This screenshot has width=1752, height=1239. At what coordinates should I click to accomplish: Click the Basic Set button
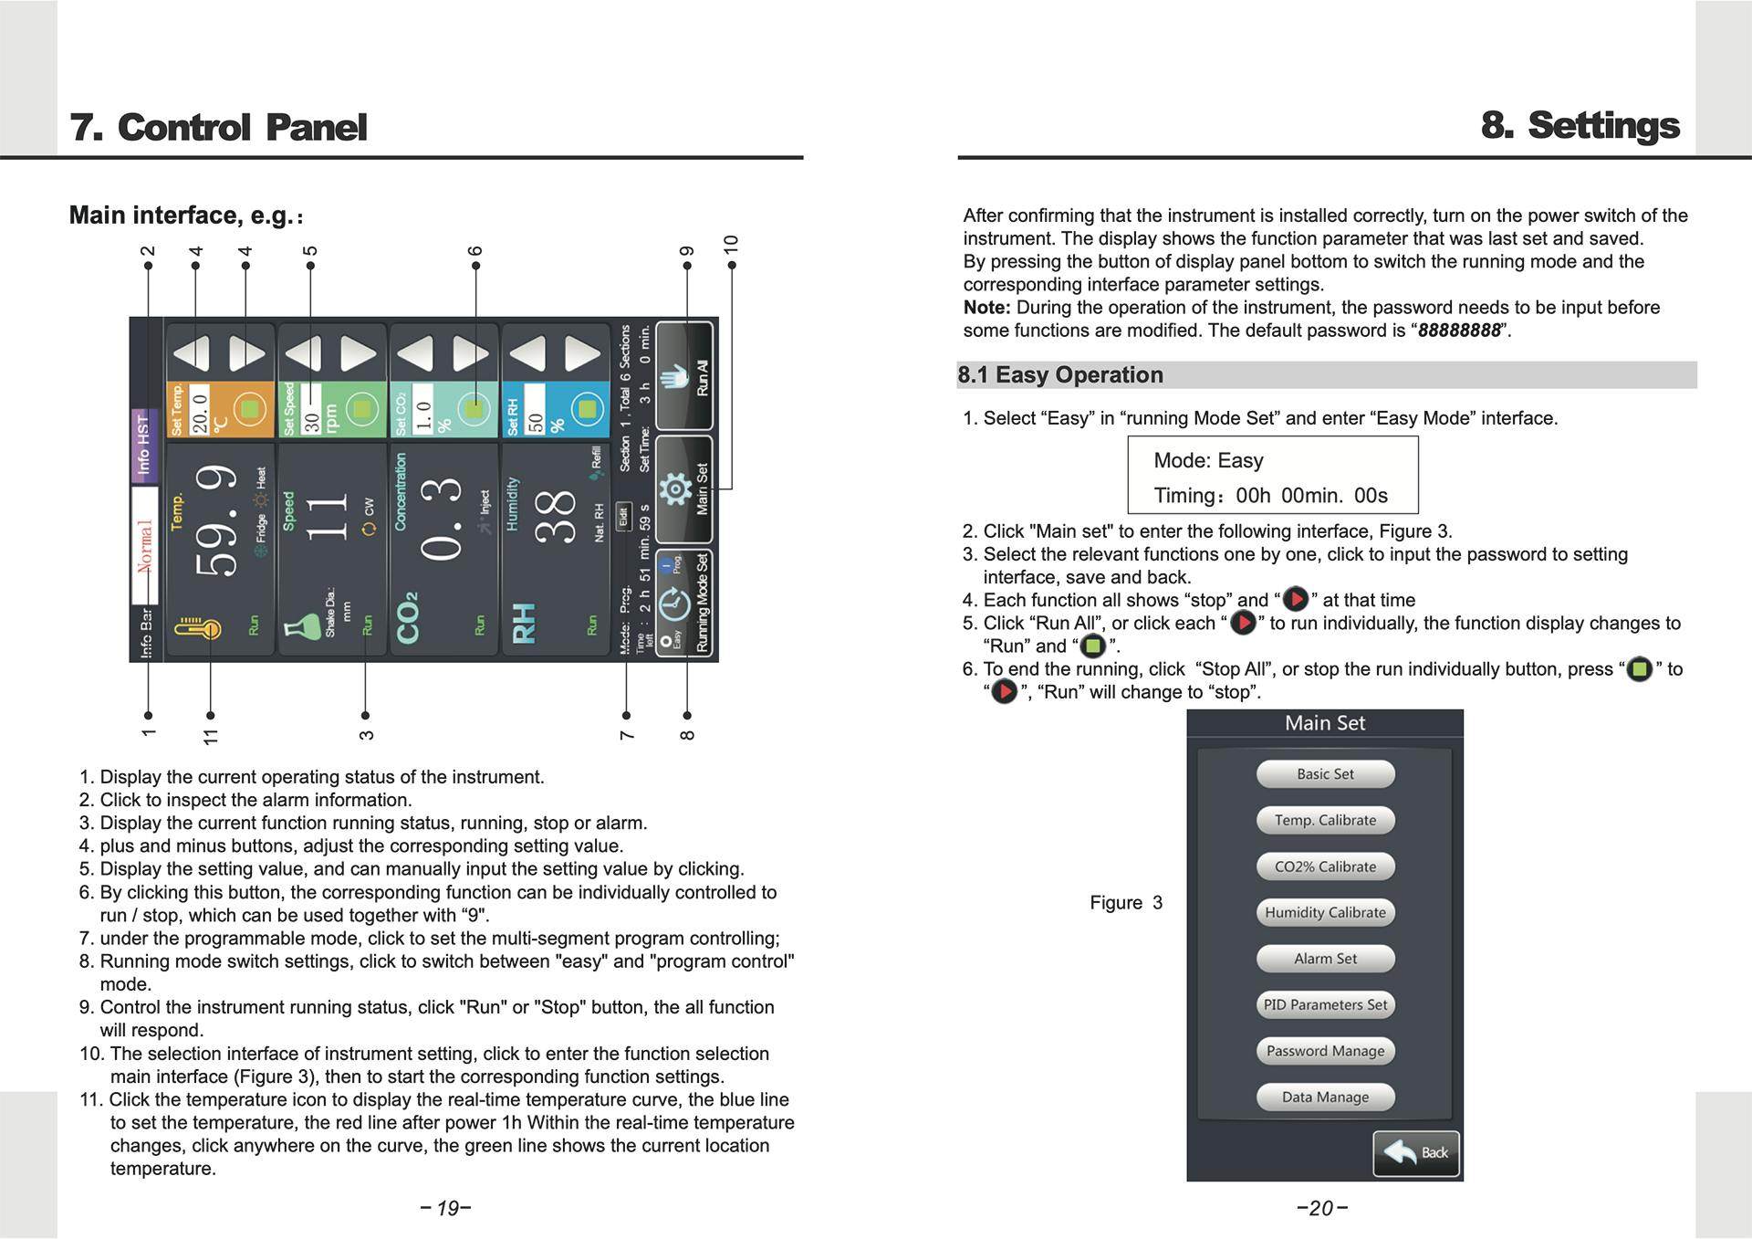(x=1325, y=774)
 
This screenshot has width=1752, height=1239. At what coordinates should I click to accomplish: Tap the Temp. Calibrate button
(x=1325, y=820)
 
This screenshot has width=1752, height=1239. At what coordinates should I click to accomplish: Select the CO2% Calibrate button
(x=1325, y=866)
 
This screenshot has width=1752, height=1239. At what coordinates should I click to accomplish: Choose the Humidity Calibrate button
(x=1325, y=912)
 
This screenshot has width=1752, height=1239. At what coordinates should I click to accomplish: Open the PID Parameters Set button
(x=1325, y=1004)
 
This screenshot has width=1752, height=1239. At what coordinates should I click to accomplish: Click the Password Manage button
(x=1325, y=1051)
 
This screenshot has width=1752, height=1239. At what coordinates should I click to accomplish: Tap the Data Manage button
(x=1325, y=1097)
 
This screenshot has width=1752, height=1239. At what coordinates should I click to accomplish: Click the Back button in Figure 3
(x=1416, y=1153)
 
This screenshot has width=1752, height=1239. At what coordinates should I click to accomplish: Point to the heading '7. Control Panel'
(x=218, y=128)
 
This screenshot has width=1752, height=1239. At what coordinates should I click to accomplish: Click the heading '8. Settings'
(x=1580, y=125)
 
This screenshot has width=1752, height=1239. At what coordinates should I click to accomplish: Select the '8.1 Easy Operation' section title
(x=1060, y=375)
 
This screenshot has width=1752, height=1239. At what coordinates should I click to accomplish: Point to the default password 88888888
(x=1459, y=331)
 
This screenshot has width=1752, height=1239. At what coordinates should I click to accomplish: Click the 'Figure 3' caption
(x=1126, y=903)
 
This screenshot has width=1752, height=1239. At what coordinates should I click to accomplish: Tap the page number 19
(x=446, y=1209)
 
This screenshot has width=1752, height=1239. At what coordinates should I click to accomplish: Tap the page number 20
(x=1321, y=1209)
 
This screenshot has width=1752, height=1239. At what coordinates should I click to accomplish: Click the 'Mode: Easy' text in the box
(x=1208, y=460)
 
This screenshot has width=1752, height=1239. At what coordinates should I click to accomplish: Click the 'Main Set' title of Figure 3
(x=1325, y=723)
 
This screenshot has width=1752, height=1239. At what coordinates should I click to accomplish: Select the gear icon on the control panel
(x=675, y=489)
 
